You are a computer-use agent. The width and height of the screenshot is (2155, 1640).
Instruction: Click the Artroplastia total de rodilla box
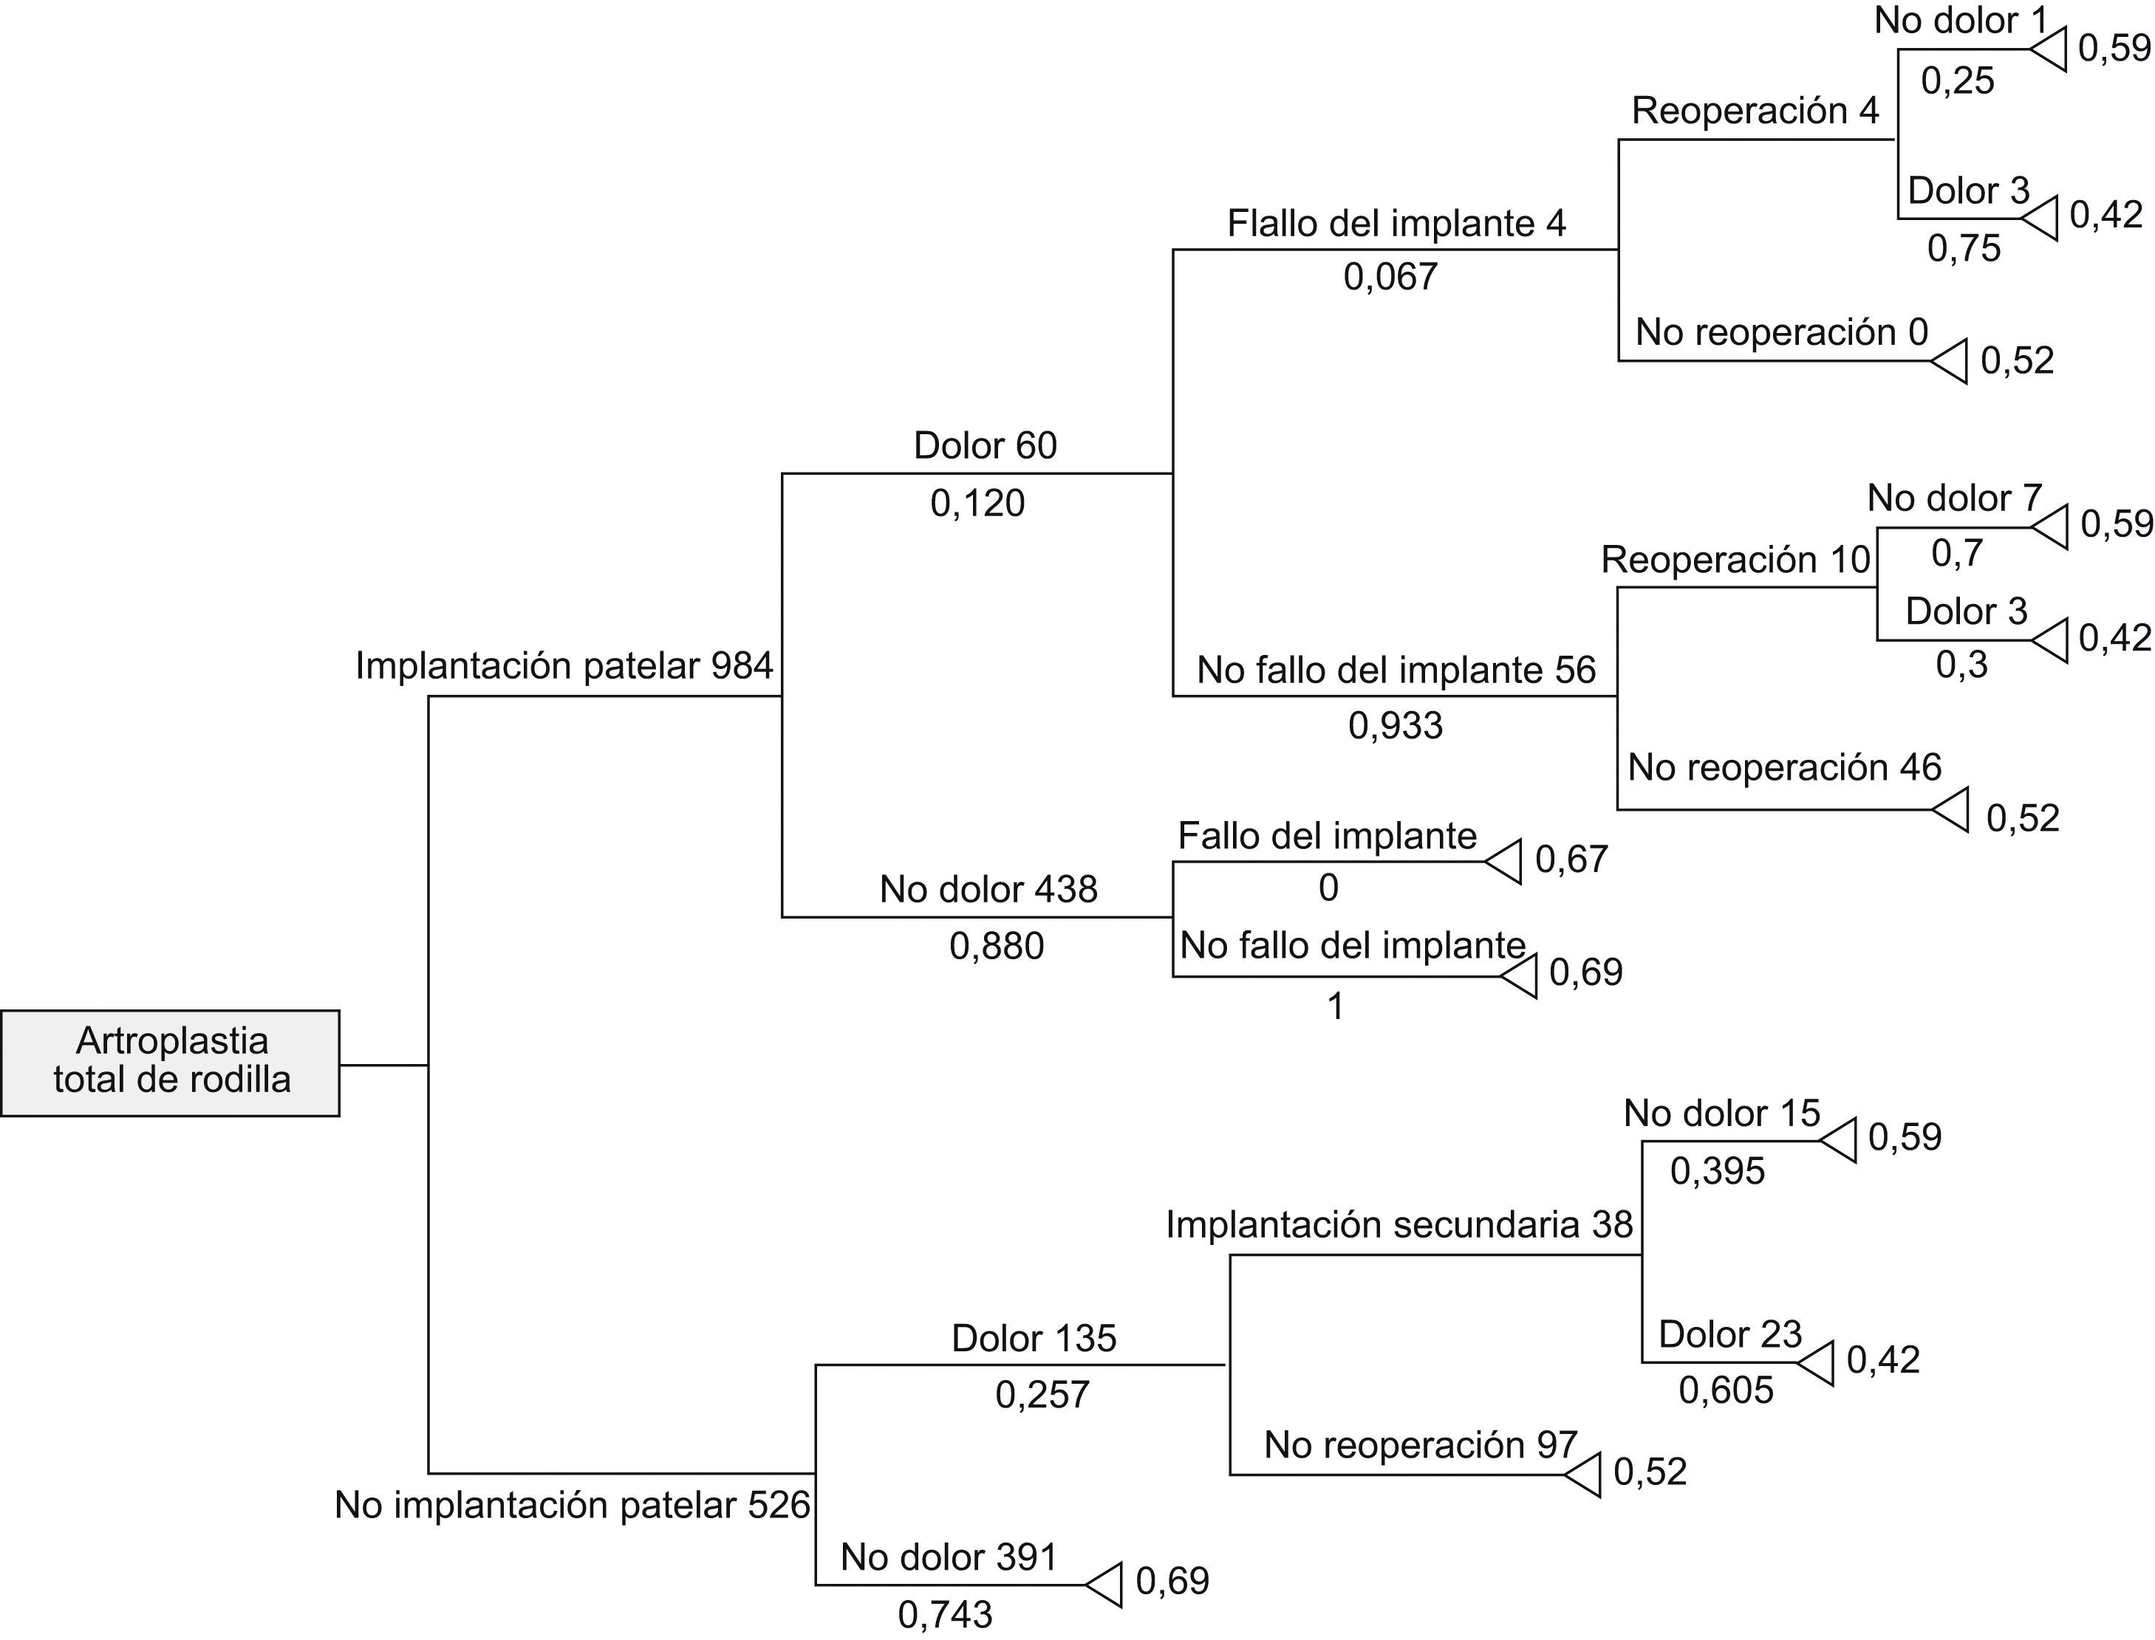tap(170, 1062)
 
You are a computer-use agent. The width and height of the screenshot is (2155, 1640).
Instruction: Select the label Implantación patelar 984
tap(564, 666)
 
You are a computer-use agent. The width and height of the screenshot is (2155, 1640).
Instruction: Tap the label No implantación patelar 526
tap(573, 1504)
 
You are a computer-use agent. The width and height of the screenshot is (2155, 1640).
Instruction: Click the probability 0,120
tap(977, 503)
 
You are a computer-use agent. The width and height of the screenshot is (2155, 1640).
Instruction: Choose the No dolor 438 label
tap(988, 888)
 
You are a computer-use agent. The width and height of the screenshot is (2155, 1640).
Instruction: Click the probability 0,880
tap(996, 945)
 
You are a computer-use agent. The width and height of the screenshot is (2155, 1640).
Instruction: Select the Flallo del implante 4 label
tap(1396, 224)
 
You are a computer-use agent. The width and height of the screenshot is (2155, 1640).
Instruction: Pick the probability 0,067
tap(1390, 277)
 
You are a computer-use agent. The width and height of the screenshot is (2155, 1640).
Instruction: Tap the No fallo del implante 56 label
tap(1396, 670)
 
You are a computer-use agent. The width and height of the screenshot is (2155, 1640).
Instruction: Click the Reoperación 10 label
tap(1735, 560)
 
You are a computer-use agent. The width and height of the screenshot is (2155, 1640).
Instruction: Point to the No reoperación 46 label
tap(1784, 767)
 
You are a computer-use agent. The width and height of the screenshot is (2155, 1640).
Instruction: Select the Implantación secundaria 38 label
tap(1398, 1224)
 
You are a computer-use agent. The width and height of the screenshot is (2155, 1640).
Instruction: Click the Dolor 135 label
tap(1033, 1337)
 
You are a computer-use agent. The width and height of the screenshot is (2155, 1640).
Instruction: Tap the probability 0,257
tap(1042, 1394)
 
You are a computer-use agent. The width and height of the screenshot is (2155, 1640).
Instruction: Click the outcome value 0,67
tap(1571, 859)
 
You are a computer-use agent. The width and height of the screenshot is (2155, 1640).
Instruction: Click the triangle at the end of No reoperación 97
tap(1582, 1474)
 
